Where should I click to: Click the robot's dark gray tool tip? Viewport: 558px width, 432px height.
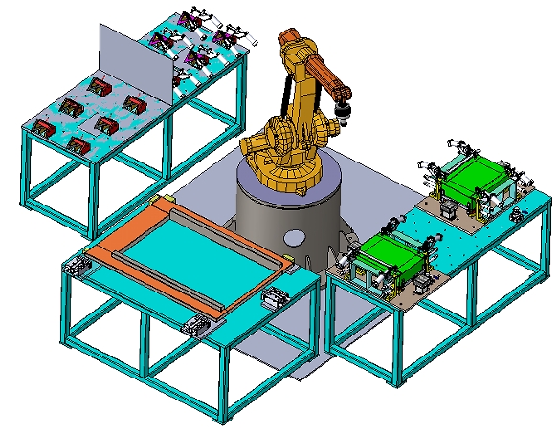click(345, 118)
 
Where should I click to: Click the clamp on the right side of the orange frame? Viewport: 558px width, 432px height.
click(276, 297)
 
